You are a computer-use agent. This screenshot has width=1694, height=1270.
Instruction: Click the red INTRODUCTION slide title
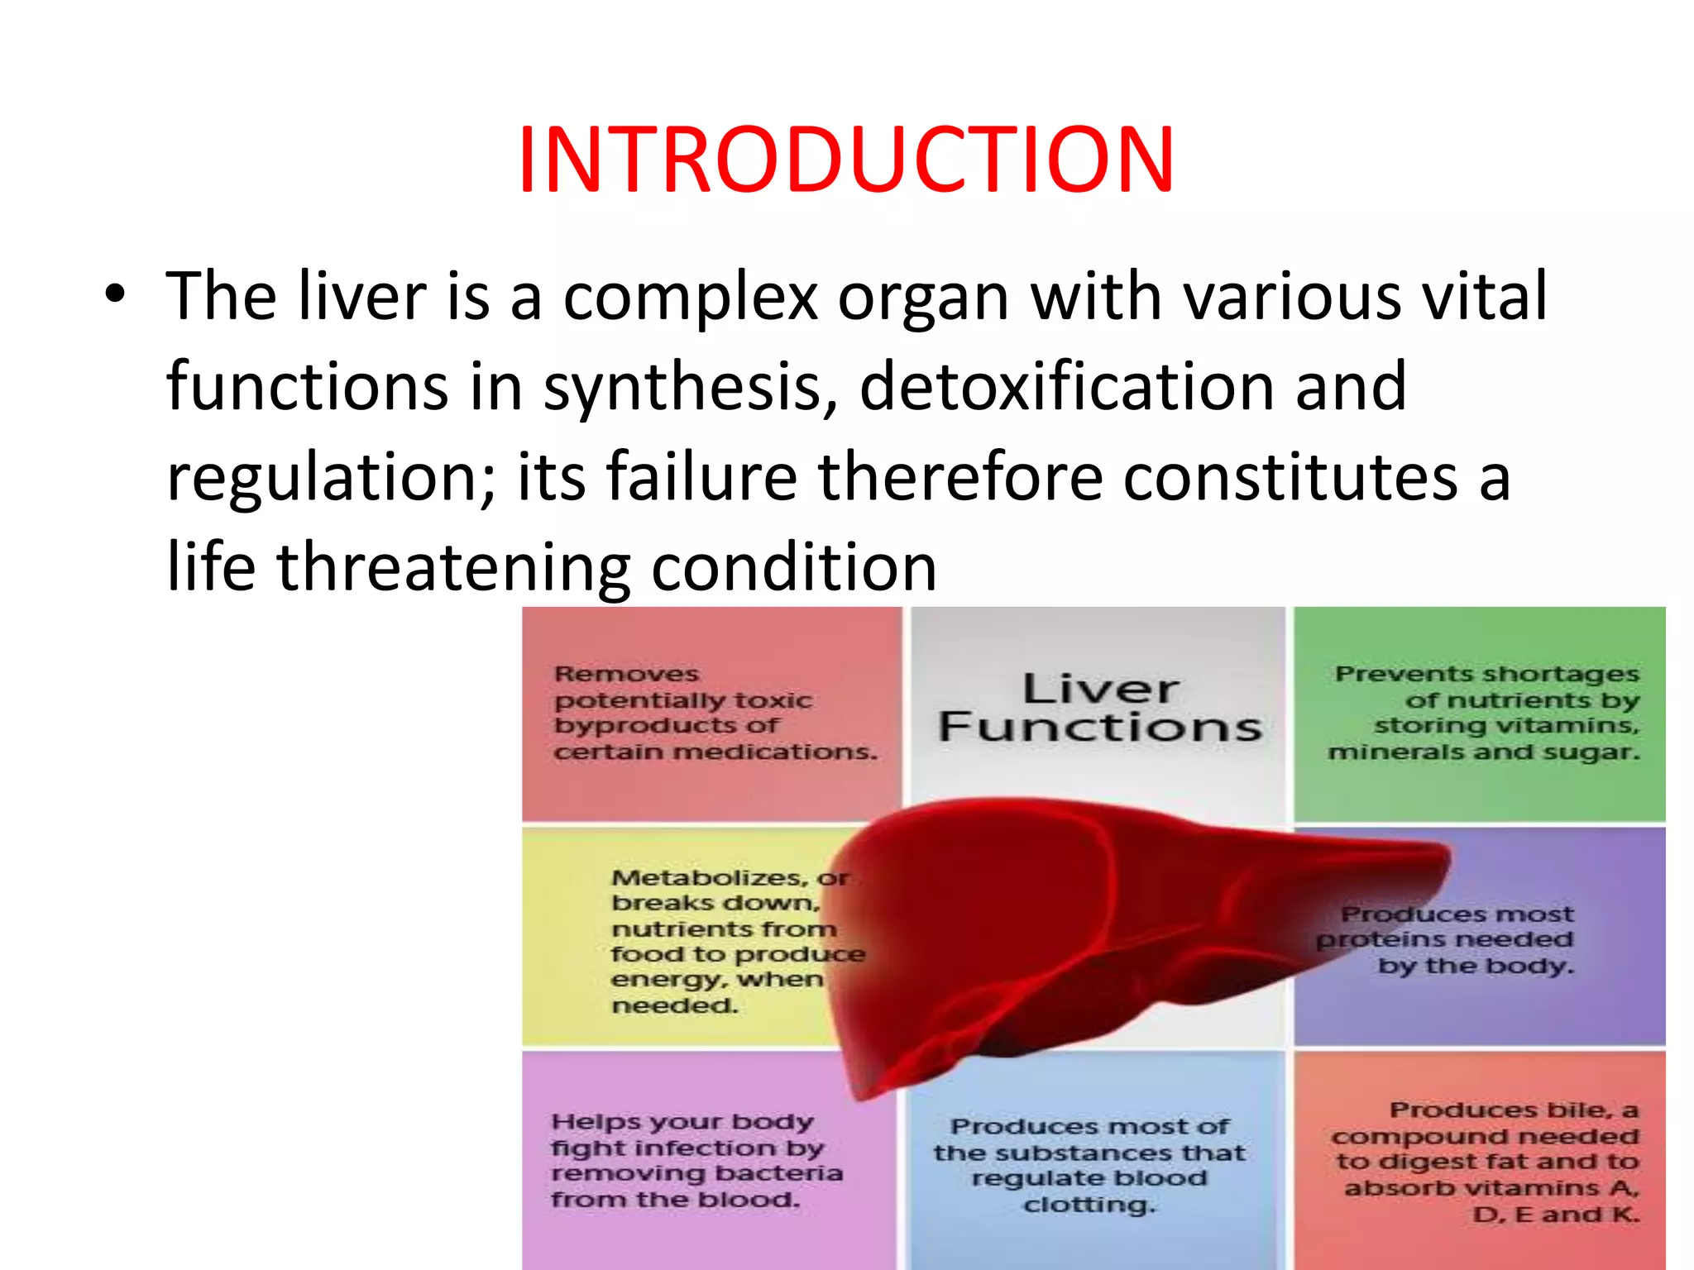(845, 160)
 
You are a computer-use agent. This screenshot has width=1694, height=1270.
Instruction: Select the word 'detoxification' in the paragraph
(1066, 386)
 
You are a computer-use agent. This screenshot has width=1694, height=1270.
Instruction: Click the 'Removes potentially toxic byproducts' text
(713, 713)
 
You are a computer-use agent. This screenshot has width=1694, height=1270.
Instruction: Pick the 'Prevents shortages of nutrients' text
(1485, 713)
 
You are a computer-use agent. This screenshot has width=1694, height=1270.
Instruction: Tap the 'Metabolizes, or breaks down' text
(728, 941)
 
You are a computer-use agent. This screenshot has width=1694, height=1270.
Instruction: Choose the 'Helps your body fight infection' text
(695, 1160)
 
